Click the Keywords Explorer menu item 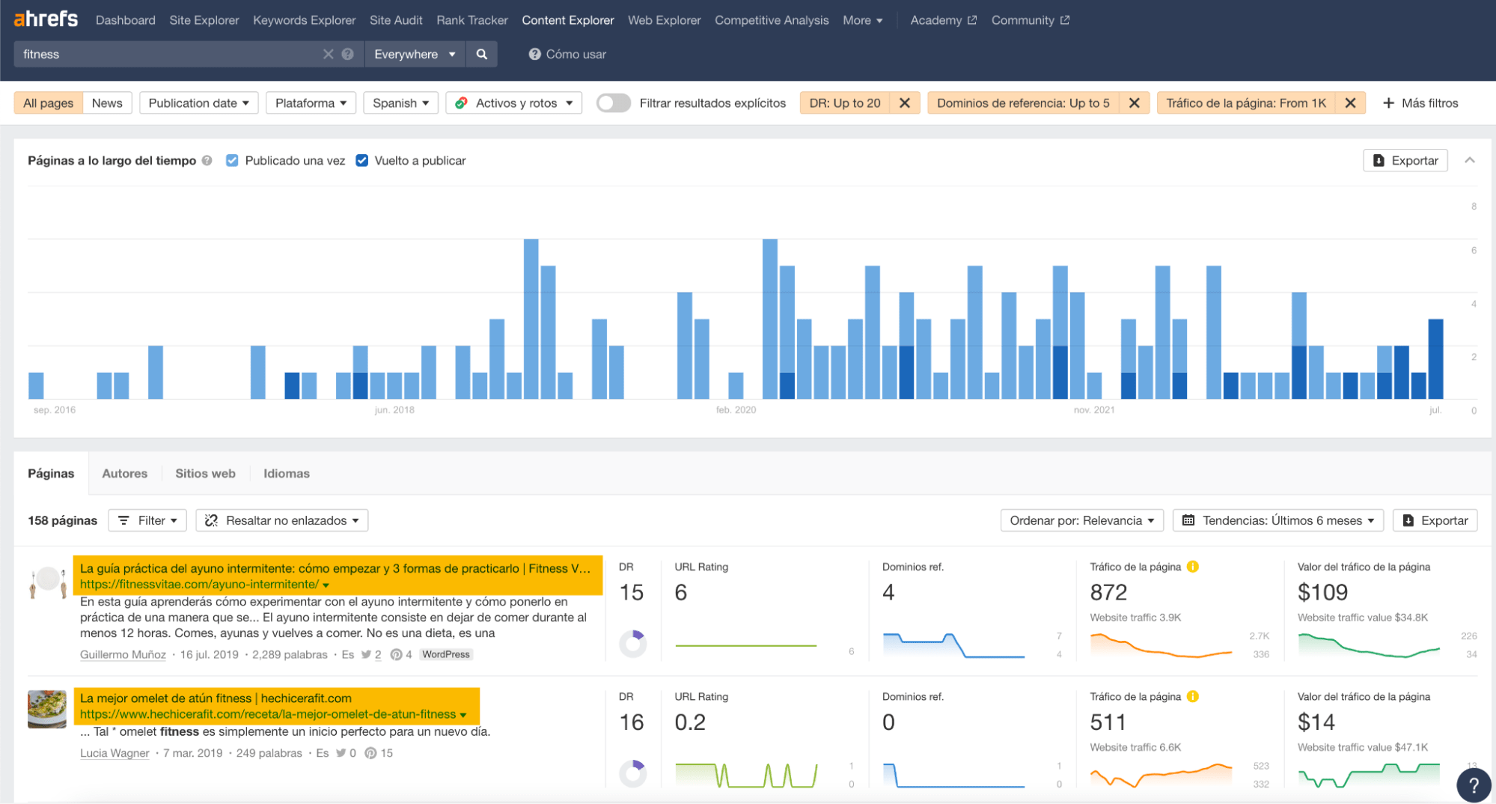[304, 20]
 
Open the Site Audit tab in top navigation [395, 20]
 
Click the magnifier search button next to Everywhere [482, 54]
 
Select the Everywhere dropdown [415, 54]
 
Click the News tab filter [107, 103]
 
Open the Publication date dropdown [198, 103]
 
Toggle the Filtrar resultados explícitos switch [614, 103]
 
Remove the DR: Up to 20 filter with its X [904, 103]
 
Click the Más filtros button [1420, 103]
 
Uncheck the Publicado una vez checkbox [232, 160]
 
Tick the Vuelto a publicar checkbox [362, 160]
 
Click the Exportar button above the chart [1405, 160]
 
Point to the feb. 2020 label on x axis [736, 409]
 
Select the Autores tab [124, 473]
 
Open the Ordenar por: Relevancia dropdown [1081, 520]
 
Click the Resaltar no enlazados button [282, 520]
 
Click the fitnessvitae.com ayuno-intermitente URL [199, 585]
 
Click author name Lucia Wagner [115, 753]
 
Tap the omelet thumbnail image [47, 709]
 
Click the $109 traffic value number [1322, 592]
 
